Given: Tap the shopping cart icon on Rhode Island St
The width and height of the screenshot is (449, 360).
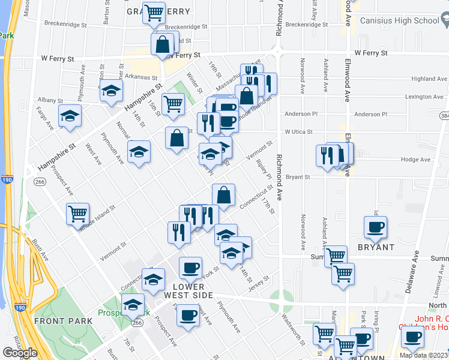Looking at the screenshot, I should (x=78, y=214).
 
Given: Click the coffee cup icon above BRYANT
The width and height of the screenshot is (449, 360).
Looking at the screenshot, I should (x=376, y=227).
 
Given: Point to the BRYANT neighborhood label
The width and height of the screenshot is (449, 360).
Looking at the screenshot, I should (x=376, y=247).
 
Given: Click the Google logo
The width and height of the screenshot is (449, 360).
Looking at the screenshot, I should (x=20, y=353).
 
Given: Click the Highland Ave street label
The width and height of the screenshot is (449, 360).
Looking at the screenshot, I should (x=429, y=79).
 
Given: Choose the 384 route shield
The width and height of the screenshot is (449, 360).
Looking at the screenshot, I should (x=444, y=115).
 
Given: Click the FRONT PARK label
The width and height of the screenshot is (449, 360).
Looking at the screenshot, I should (x=64, y=321).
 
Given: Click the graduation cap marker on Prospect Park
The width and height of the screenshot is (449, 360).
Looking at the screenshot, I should (x=133, y=304).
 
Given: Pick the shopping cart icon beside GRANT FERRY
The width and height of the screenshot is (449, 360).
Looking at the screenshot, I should (x=154, y=13).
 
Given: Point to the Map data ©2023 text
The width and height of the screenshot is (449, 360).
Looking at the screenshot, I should (x=423, y=355).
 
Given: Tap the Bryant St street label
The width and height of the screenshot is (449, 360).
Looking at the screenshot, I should (x=297, y=177).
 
